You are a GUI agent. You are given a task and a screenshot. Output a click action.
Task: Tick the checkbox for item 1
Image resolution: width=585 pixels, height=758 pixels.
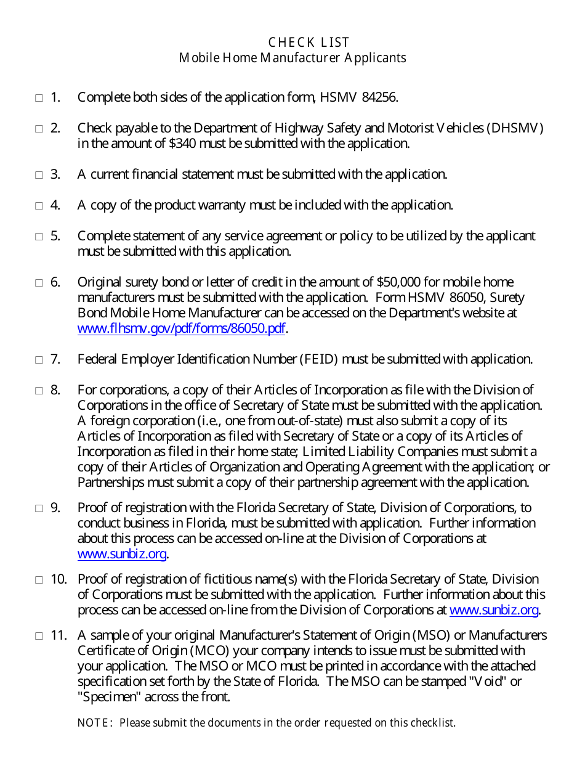(x=39, y=98)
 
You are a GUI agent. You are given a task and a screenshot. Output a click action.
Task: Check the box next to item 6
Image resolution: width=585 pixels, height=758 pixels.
(x=39, y=283)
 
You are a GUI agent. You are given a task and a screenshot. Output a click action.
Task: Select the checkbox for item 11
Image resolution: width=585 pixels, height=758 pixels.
(x=39, y=636)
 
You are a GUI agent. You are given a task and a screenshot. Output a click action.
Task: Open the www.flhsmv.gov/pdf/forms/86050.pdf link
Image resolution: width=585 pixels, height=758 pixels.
(x=181, y=328)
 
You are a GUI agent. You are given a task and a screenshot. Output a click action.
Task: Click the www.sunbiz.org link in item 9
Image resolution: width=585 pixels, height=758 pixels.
(x=122, y=554)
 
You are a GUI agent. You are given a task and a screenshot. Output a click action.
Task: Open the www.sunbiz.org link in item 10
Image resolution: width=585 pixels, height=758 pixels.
(x=494, y=610)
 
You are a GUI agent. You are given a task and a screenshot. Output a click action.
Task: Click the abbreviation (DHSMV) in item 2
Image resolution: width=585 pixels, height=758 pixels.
(x=515, y=128)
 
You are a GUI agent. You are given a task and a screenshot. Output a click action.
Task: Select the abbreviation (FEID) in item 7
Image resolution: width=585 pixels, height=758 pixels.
(x=319, y=359)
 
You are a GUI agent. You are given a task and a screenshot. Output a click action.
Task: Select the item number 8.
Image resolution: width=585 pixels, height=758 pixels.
(x=55, y=390)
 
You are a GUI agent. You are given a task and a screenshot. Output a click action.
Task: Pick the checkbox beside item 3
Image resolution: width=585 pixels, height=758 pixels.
(x=39, y=175)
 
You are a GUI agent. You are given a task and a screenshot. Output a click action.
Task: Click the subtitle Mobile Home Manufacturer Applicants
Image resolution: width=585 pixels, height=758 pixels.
(x=292, y=58)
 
